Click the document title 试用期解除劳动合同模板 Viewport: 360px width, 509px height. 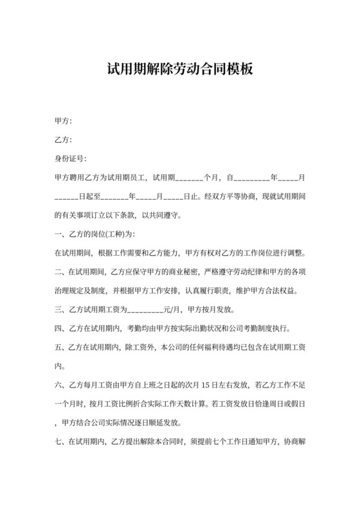pos(180,69)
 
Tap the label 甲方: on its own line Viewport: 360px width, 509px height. pos(63,121)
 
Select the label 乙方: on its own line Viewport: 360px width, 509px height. pos(63,139)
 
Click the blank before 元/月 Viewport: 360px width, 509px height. pos(146,308)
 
